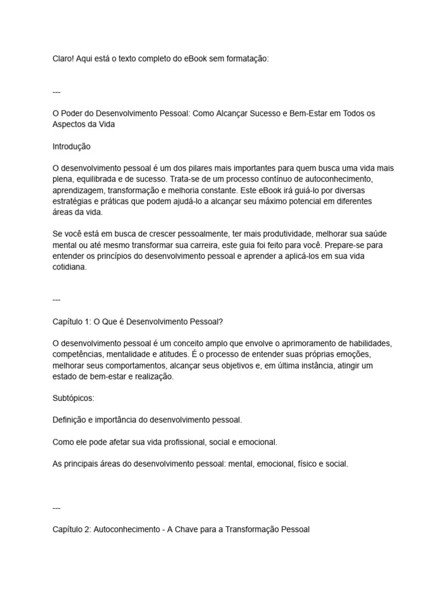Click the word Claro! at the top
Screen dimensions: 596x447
(63, 59)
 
